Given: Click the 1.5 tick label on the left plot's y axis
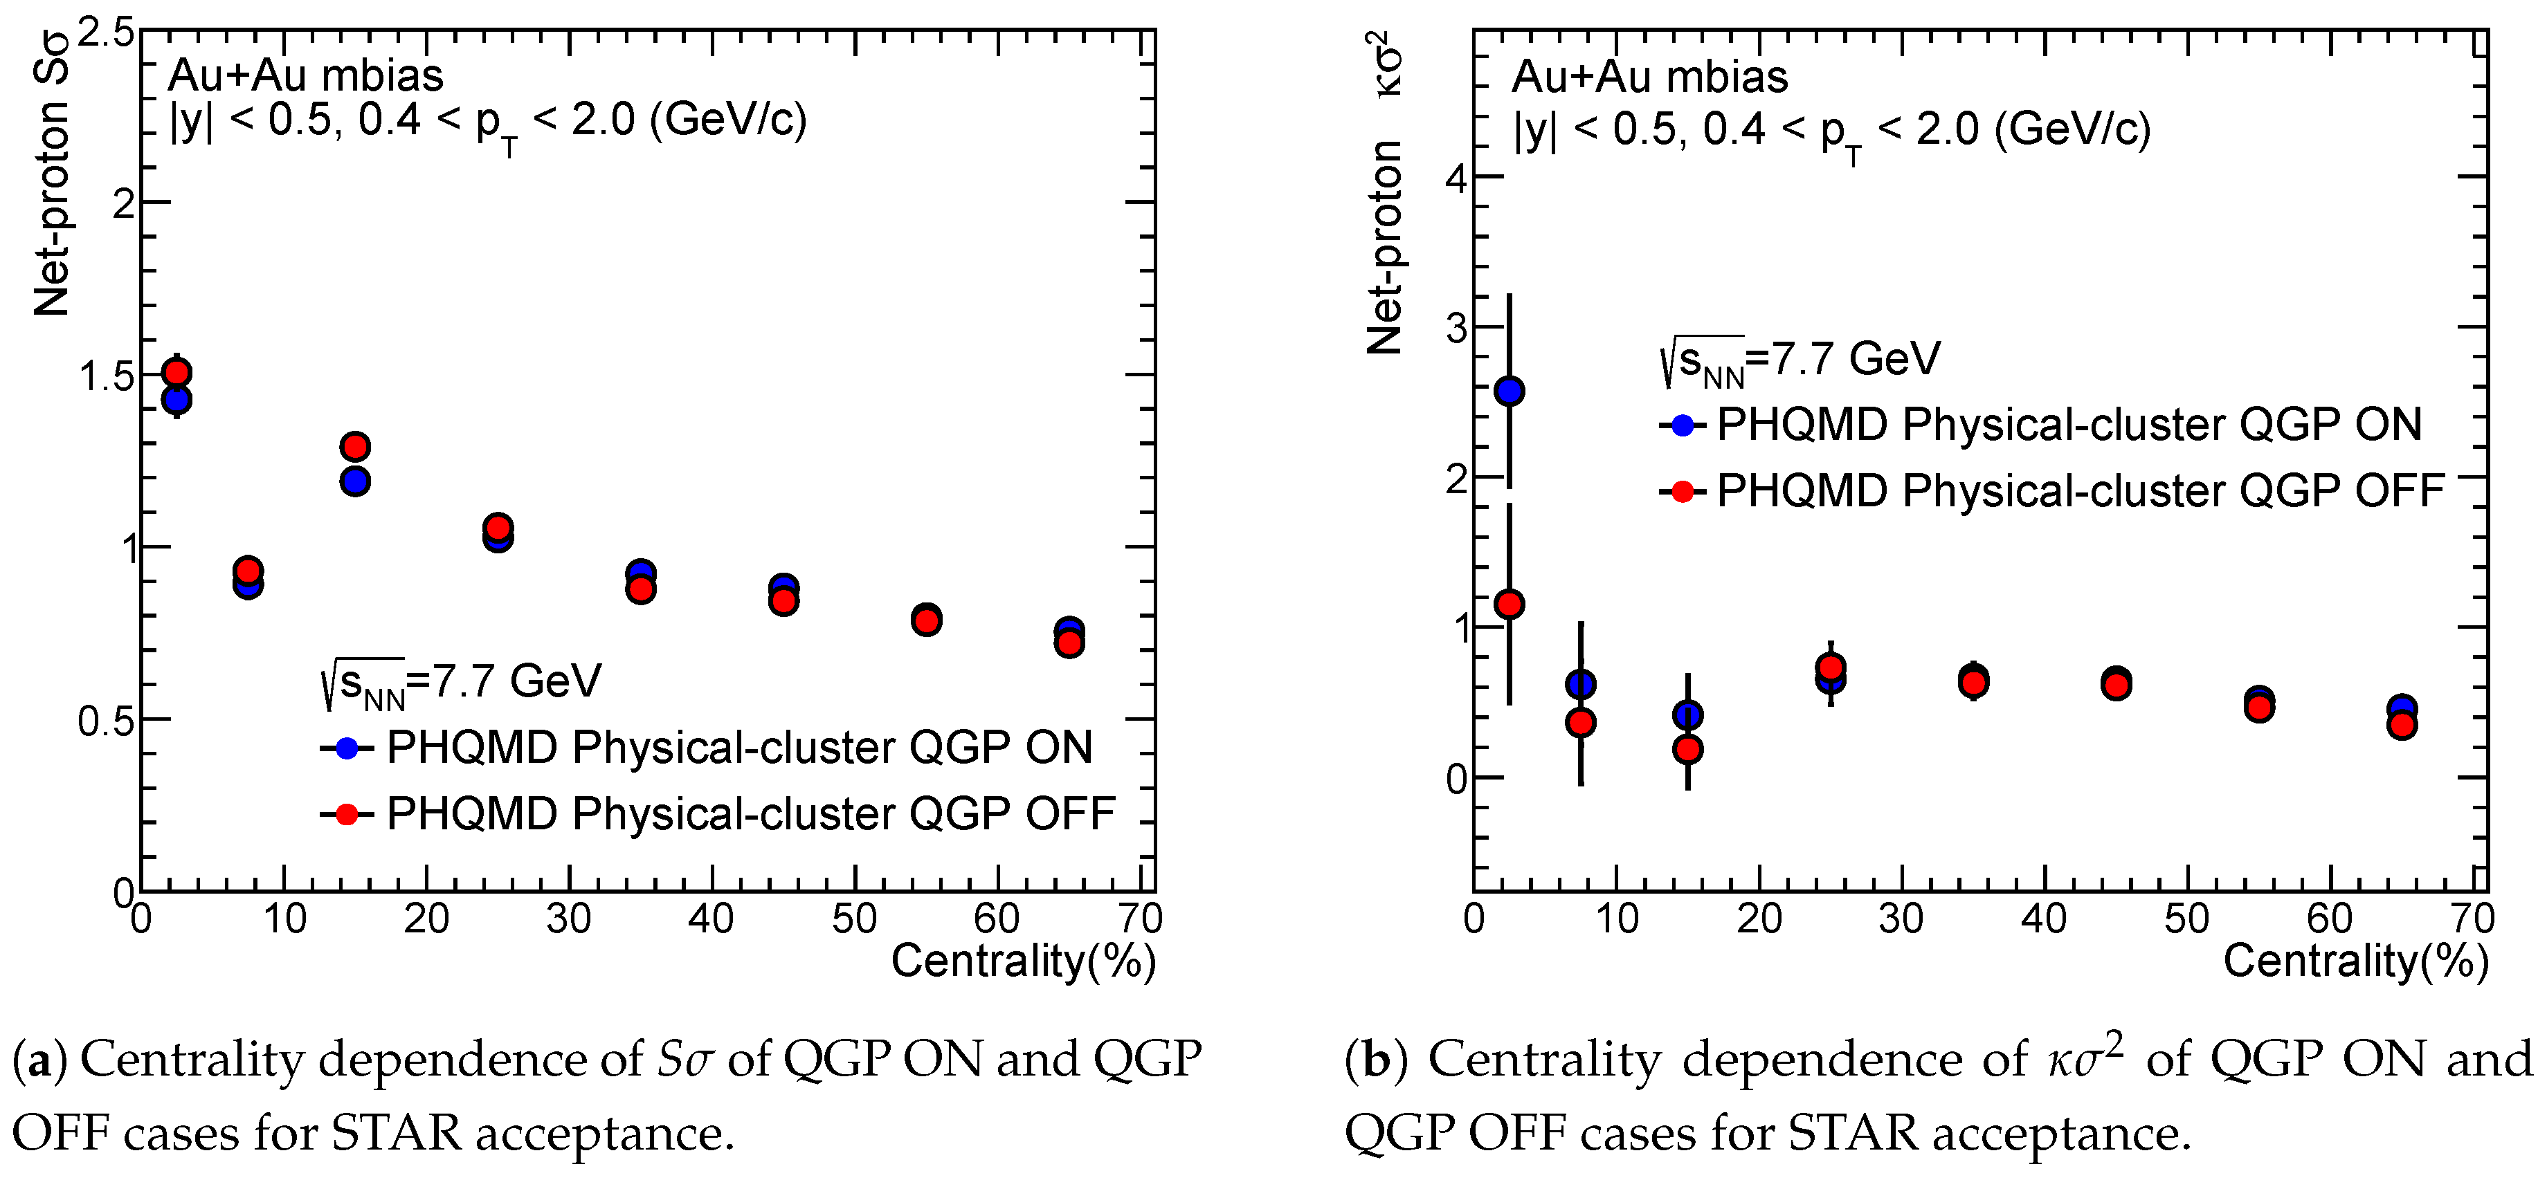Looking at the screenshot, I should [x=107, y=376].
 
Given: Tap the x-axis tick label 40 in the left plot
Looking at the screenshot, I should [x=711, y=920].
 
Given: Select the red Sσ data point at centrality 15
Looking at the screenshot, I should [x=355, y=445].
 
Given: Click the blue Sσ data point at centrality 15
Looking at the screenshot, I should [x=355, y=482].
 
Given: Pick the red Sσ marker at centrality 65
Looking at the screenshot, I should [x=1069, y=643].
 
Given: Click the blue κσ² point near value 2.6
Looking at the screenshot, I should [x=1509, y=391].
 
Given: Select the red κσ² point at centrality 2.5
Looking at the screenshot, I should [x=1509, y=604].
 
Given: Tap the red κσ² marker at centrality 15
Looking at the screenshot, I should [x=1688, y=750].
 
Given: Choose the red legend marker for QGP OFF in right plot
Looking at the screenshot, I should [x=1682, y=491].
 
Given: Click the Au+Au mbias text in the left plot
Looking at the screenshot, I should [x=307, y=76].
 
